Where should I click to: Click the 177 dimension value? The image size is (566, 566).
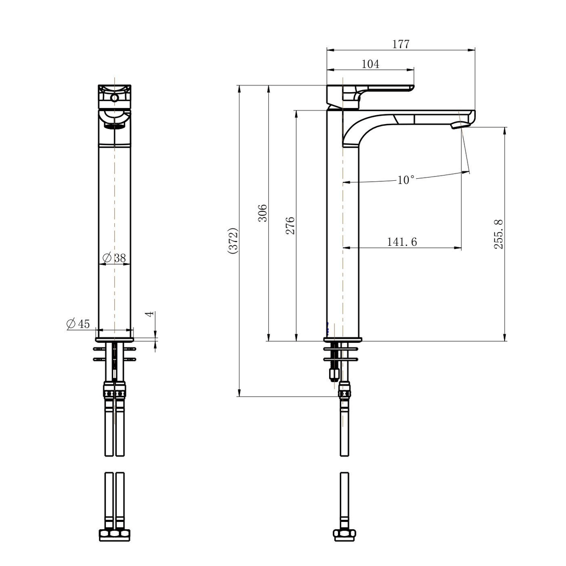401,44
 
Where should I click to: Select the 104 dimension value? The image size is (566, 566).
371,64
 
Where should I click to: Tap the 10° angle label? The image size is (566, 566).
406,180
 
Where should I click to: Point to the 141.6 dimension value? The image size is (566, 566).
402,242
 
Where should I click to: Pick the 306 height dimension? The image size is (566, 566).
263,213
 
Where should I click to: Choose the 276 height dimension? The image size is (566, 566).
290,225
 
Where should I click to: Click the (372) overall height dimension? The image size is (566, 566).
233,241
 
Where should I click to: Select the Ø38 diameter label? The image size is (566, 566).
114,258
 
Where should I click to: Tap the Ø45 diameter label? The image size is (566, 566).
78,324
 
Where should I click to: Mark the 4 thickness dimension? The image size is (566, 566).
149,314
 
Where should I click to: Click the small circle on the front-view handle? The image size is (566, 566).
114,98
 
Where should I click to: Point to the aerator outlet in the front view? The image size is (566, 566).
114,125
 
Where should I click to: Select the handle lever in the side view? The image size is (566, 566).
377,89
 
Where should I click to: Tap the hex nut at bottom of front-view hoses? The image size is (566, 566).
114,535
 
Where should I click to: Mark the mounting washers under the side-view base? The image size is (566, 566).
341,354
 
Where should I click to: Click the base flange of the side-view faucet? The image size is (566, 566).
343,339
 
